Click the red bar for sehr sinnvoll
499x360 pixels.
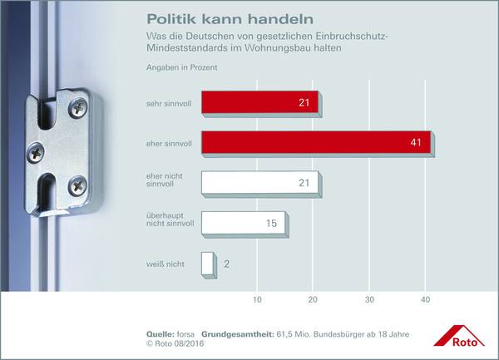[259, 104]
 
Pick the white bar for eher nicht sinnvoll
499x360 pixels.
[259, 184]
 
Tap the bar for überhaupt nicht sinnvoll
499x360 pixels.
[243, 223]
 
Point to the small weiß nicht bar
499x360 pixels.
[207, 264]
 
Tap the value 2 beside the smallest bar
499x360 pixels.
[226, 264]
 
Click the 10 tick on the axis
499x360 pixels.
[258, 299]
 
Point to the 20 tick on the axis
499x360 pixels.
[313, 299]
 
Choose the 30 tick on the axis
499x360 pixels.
[369, 299]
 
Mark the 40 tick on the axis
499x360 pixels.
[425, 299]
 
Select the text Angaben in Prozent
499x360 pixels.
[181, 67]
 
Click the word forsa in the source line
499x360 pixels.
[185, 333]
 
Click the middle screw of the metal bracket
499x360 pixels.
[37, 151]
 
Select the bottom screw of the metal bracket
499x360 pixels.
[77, 185]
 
